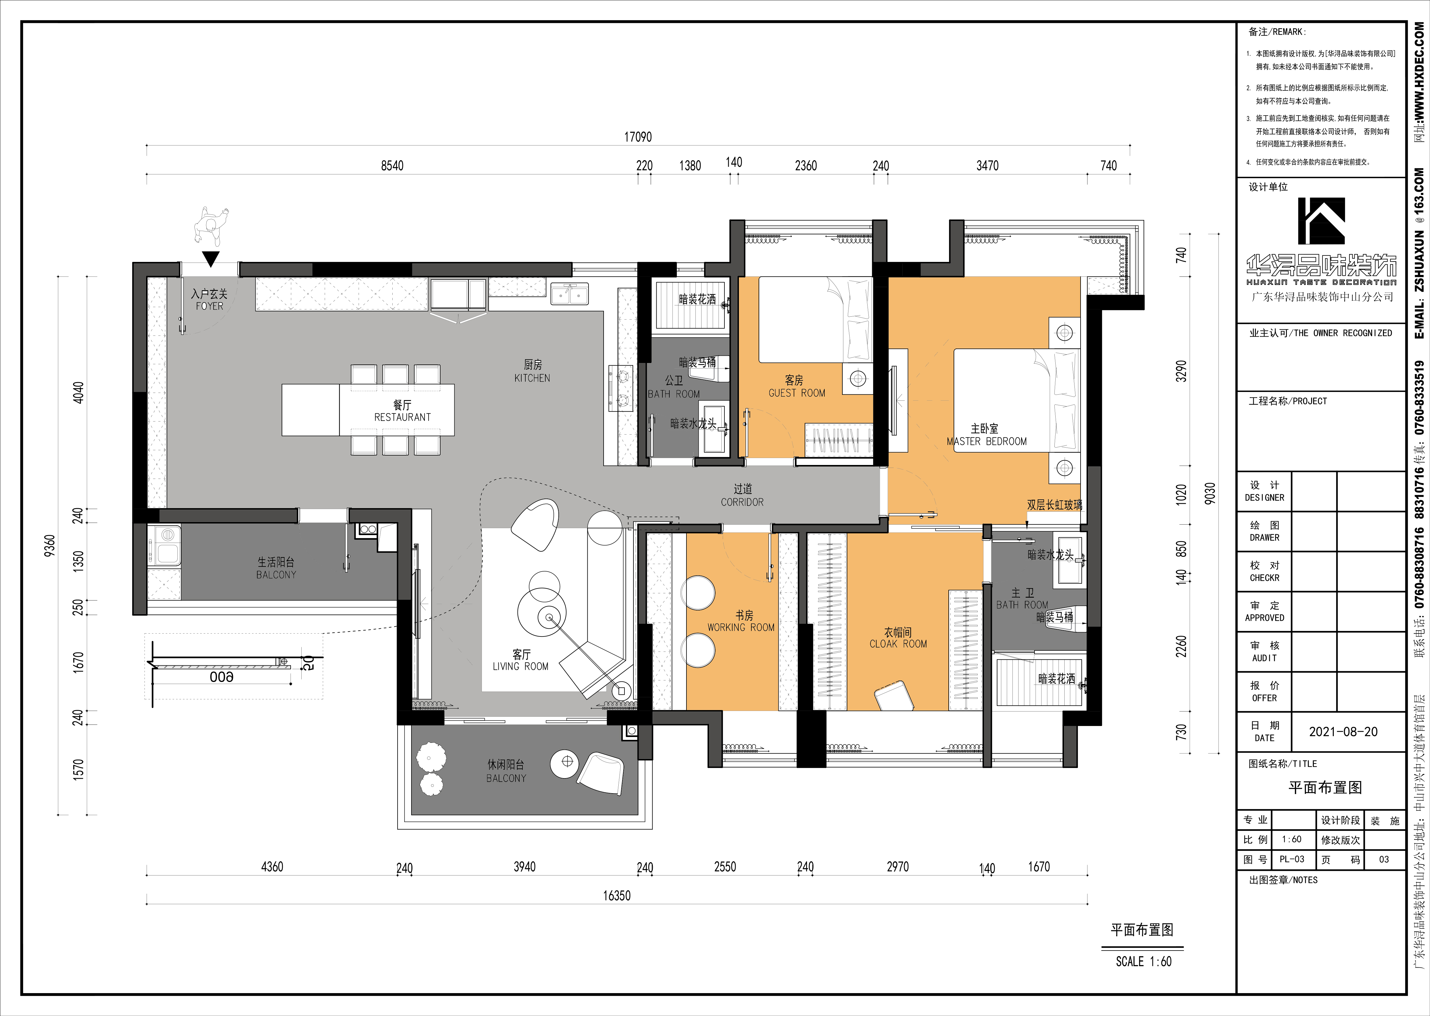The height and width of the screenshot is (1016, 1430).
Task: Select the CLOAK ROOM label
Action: (898, 644)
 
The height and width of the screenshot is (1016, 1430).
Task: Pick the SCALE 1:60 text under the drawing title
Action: (1143, 962)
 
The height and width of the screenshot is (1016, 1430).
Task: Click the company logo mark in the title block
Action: (1321, 221)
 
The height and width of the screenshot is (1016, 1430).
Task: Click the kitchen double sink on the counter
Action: (569, 293)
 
